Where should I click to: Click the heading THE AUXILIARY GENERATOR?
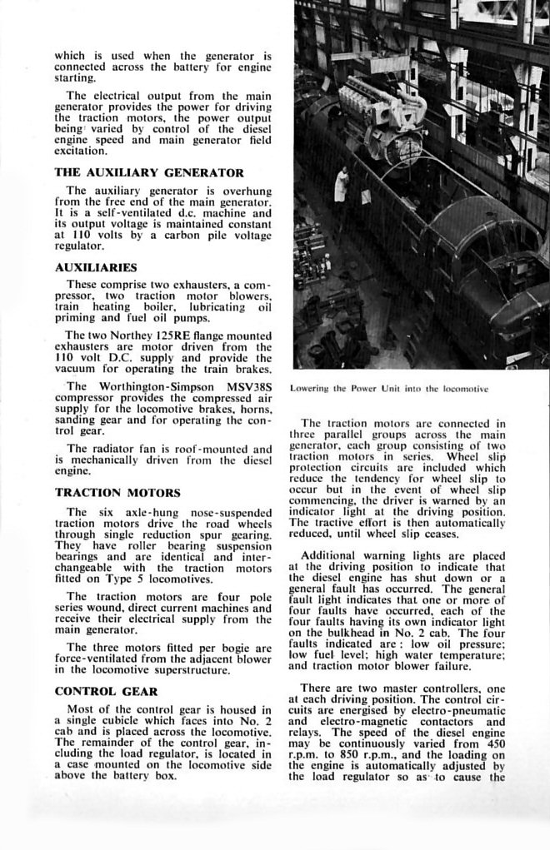point(149,173)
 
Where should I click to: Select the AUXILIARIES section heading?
point(96,268)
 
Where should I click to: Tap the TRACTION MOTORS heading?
point(117,493)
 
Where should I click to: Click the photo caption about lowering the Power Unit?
point(388,388)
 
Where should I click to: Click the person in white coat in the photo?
point(341,186)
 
